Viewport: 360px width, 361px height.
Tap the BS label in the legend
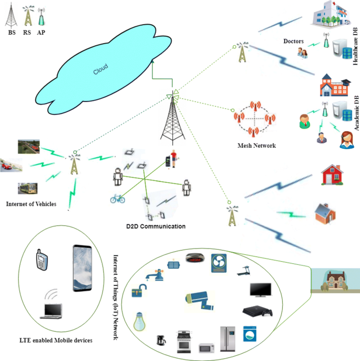(12, 33)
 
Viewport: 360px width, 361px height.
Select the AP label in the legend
(40, 33)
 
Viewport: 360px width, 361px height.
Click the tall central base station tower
(173, 118)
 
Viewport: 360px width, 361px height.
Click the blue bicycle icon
(117, 199)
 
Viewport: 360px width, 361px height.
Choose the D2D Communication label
(156, 226)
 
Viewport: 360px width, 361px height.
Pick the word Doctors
(294, 41)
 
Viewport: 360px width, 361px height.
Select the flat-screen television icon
(260, 291)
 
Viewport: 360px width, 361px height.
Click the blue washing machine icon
(250, 334)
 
